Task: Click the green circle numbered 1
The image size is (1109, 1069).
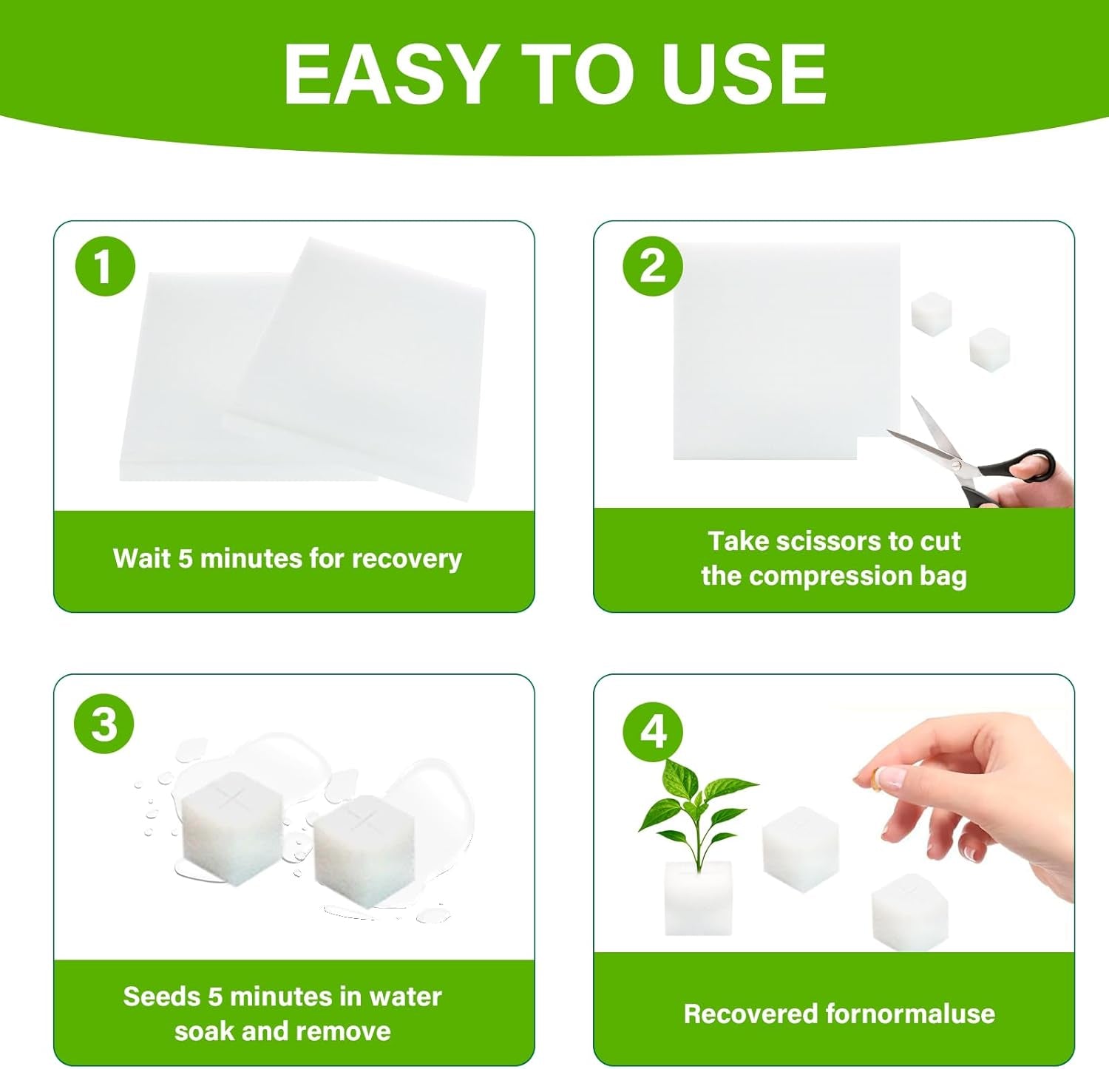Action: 105,266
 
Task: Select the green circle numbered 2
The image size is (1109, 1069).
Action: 652,266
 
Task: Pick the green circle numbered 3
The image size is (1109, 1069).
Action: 104,723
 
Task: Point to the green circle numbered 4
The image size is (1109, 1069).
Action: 653,731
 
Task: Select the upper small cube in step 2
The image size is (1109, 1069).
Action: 932,313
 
